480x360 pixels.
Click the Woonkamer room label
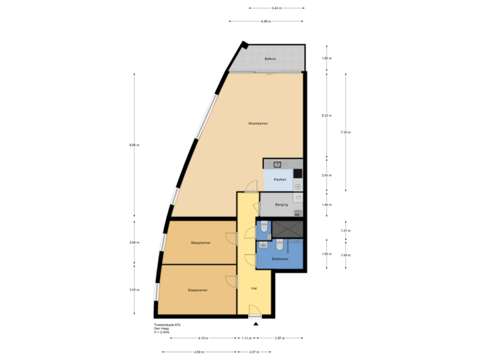[258, 124]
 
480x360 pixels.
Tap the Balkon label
[270, 59]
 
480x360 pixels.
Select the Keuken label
[280, 179]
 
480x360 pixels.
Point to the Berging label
[281, 205]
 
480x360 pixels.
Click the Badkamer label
[280, 259]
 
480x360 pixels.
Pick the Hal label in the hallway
[254, 288]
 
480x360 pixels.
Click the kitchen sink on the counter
[277, 164]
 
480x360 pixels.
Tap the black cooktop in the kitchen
[297, 173]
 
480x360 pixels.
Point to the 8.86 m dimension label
[135, 145]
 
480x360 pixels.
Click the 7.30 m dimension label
[345, 133]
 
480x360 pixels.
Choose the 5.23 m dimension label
[327, 115]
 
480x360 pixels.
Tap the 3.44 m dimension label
[276, 9]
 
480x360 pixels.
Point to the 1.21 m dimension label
[345, 231]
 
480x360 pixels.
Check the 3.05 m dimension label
[135, 289]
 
